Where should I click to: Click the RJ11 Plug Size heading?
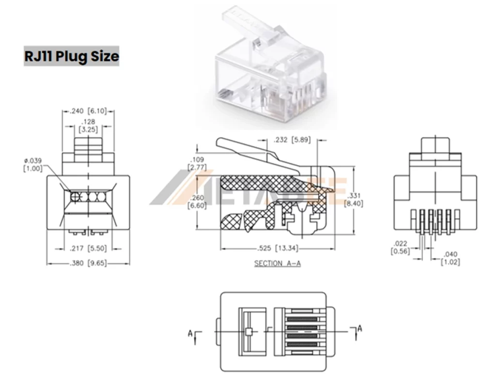(72, 56)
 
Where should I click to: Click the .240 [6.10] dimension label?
(88, 111)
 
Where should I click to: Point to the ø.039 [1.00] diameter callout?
(33, 164)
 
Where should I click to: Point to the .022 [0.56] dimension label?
(400, 247)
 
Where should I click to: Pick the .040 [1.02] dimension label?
(450, 258)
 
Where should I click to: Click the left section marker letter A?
(191, 333)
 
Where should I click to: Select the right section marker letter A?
(359, 329)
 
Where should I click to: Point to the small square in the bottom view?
(248, 331)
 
